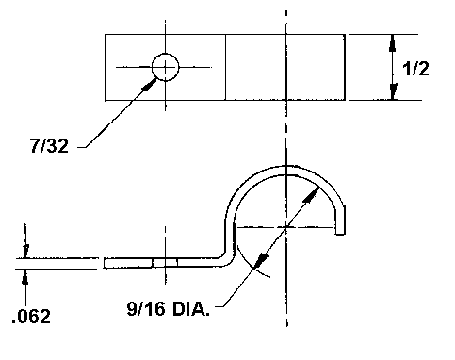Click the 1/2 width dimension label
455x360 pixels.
tap(415, 68)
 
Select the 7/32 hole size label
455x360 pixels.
tap(49, 146)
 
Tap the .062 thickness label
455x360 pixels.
tap(31, 317)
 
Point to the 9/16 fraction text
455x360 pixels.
tap(146, 308)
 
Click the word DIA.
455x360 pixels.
tap(191, 308)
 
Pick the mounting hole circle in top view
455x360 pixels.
tap(165, 67)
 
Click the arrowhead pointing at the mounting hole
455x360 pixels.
tap(149, 85)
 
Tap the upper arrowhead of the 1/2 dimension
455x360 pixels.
tap(393, 43)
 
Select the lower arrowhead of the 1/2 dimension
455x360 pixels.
tap(393, 91)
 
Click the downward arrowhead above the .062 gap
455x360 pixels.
tap(25, 251)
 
